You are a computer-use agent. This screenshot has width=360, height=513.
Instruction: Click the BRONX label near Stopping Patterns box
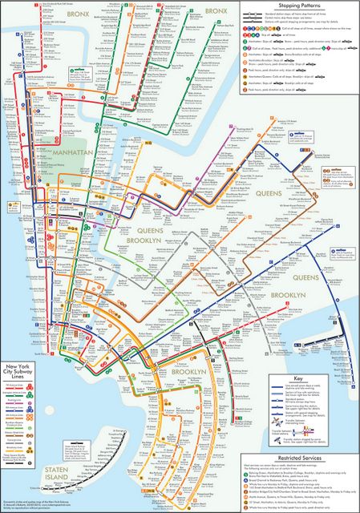(216, 11)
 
